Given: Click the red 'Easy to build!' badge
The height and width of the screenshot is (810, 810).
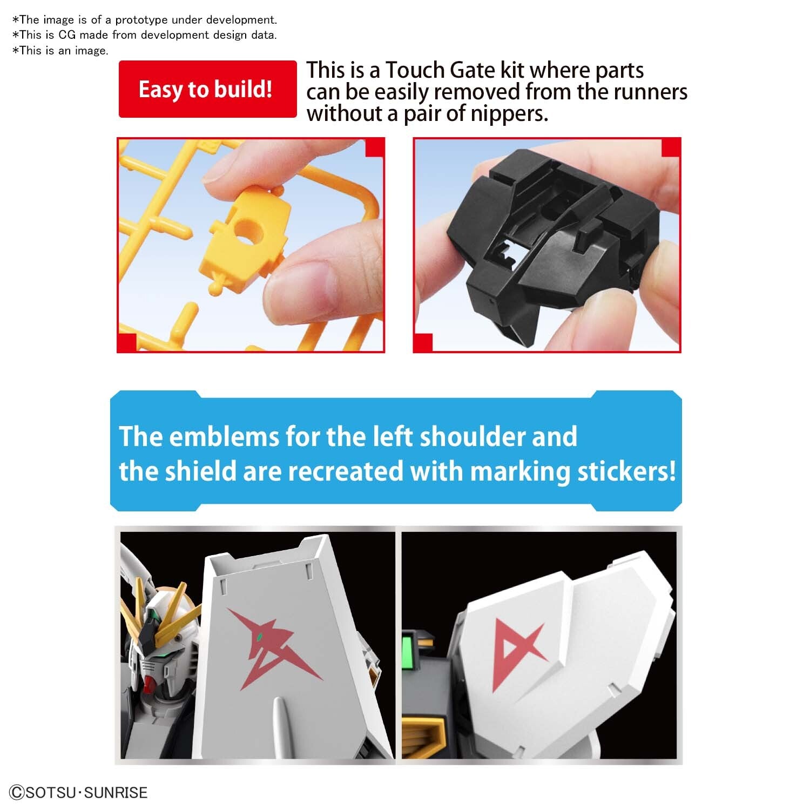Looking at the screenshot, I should (207, 89).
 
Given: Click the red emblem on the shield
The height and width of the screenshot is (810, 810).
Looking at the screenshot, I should (270, 645).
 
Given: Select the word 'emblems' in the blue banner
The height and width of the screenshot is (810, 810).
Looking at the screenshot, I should (226, 436).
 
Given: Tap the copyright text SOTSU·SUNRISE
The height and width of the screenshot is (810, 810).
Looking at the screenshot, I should (79, 792).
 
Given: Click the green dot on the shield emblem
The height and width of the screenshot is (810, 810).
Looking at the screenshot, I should (260, 636).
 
